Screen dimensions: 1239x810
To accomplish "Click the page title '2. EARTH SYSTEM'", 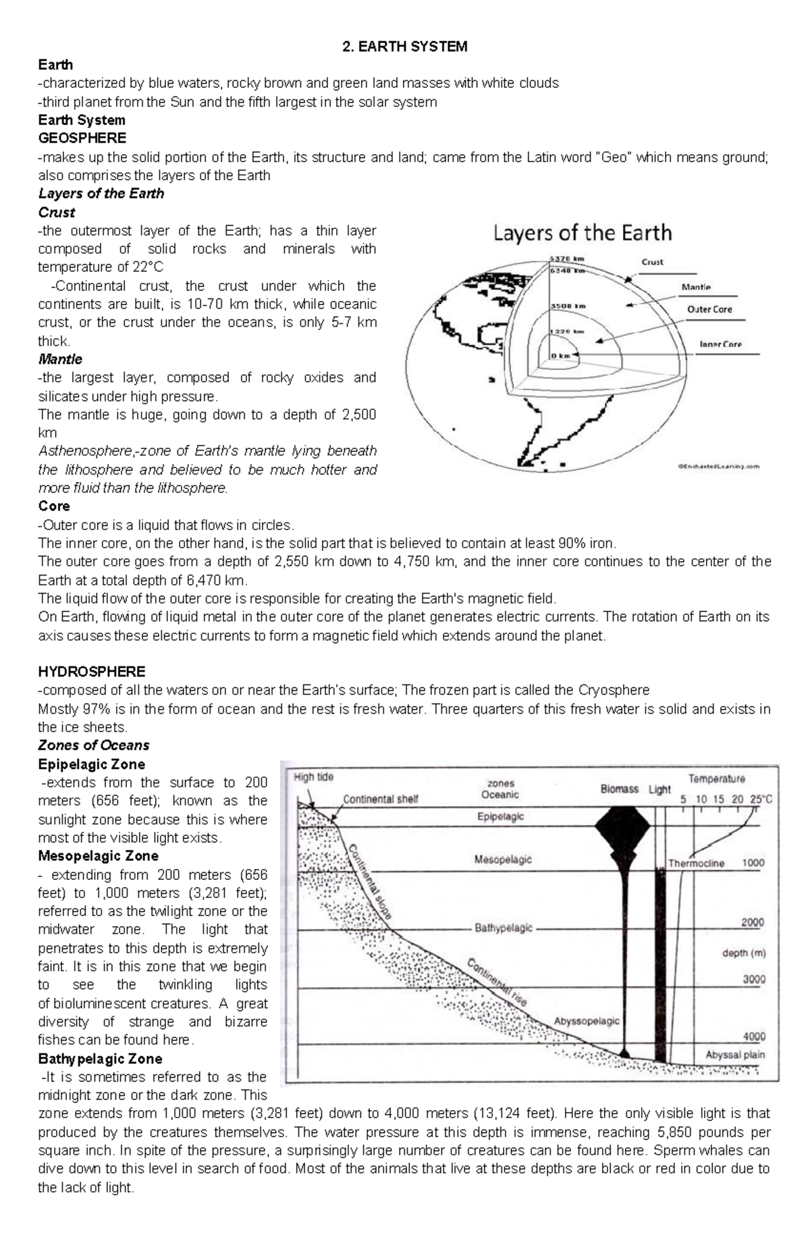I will click(x=404, y=47).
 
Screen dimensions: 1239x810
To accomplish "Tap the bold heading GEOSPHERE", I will click(x=82, y=138).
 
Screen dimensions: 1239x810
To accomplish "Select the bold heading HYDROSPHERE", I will click(x=92, y=671).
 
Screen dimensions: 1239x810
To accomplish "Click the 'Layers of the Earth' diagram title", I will click(x=583, y=233).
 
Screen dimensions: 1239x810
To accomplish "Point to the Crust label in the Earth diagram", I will click(x=652, y=262).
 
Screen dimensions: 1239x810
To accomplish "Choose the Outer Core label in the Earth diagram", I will click(x=709, y=309).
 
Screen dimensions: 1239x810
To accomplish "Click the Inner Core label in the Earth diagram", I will click(x=720, y=344).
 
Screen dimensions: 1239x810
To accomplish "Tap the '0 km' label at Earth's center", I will click(x=560, y=355).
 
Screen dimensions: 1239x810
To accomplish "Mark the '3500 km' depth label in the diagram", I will click(x=568, y=305).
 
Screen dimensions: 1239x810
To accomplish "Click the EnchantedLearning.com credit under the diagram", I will click(x=718, y=466).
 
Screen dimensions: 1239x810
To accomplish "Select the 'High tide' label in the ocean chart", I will click(x=314, y=776).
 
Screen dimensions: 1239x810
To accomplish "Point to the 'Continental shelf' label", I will click(x=381, y=799).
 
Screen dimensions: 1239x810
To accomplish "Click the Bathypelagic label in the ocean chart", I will click(x=504, y=928).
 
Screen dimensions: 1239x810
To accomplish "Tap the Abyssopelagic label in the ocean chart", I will click(x=587, y=1020).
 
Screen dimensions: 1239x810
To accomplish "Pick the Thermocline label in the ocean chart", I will click(x=696, y=863).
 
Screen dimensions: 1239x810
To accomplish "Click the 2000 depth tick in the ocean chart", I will click(x=753, y=922).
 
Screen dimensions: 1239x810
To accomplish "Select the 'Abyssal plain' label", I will click(x=735, y=1054).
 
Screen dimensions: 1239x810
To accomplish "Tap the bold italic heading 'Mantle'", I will click(x=60, y=359).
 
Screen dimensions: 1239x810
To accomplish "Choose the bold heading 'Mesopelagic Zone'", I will click(x=98, y=855).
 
